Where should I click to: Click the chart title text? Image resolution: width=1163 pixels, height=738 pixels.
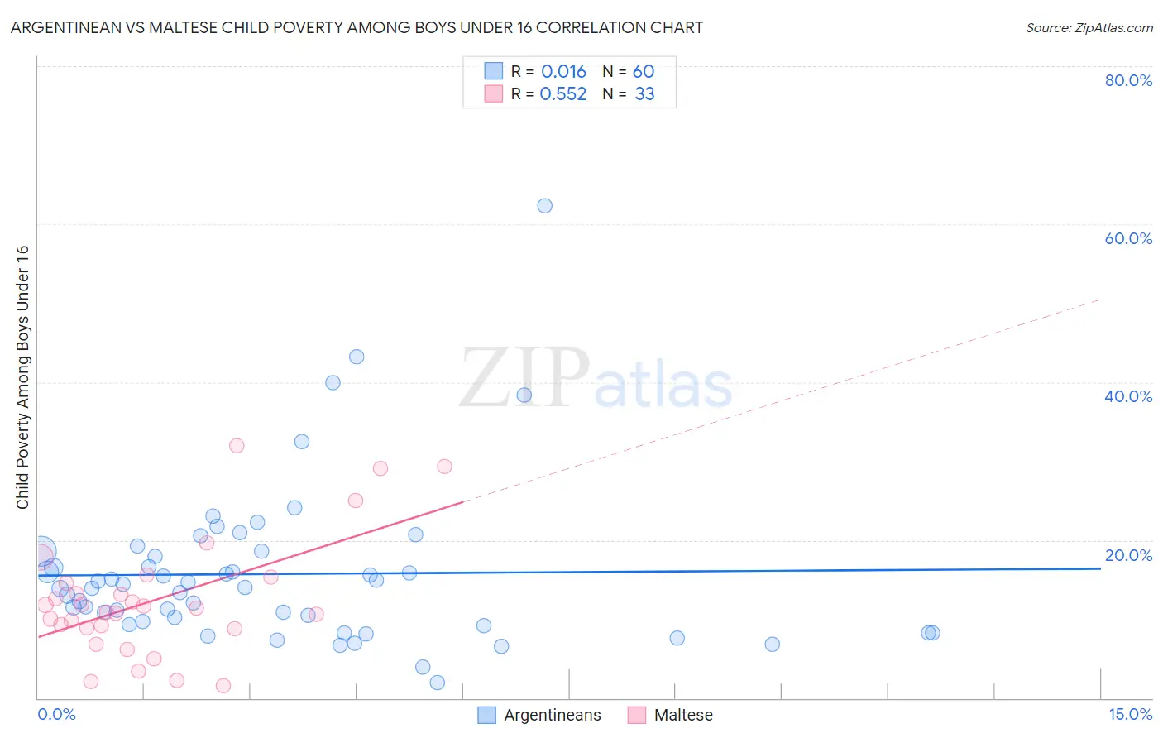[x=357, y=27]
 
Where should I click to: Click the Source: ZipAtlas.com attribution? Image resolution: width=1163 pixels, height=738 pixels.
[x=1089, y=27]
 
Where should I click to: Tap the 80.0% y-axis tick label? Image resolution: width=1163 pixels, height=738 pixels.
[x=1128, y=80]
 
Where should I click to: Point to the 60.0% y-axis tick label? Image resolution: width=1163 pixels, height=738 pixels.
[x=1128, y=238]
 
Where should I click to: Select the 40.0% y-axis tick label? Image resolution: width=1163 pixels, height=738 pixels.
[x=1128, y=396]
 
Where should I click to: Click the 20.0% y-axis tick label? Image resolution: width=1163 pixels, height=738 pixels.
[x=1128, y=555]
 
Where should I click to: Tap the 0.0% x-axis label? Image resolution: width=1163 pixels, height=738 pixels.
[x=56, y=715]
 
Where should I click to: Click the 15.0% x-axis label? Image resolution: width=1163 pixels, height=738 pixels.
[x=1130, y=715]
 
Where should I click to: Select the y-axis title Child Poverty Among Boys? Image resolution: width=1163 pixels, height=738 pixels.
[x=22, y=377]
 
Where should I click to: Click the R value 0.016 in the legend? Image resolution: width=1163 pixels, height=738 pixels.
[x=563, y=72]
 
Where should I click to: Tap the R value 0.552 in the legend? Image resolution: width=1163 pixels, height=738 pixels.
[x=563, y=94]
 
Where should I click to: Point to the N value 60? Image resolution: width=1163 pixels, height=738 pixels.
[x=644, y=72]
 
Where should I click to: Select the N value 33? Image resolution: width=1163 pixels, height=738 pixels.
[x=644, y=94]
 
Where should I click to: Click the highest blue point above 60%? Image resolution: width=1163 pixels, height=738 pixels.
[x=544, y=206]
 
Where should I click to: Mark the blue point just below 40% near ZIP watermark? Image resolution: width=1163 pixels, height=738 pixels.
[x=524, y=395]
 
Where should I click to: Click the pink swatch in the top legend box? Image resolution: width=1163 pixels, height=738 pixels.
[x=493, y=93]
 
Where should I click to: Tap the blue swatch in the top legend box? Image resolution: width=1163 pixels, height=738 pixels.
[x=493, y=71]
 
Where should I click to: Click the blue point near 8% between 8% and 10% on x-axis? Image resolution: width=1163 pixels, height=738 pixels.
[x=677, y=638]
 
